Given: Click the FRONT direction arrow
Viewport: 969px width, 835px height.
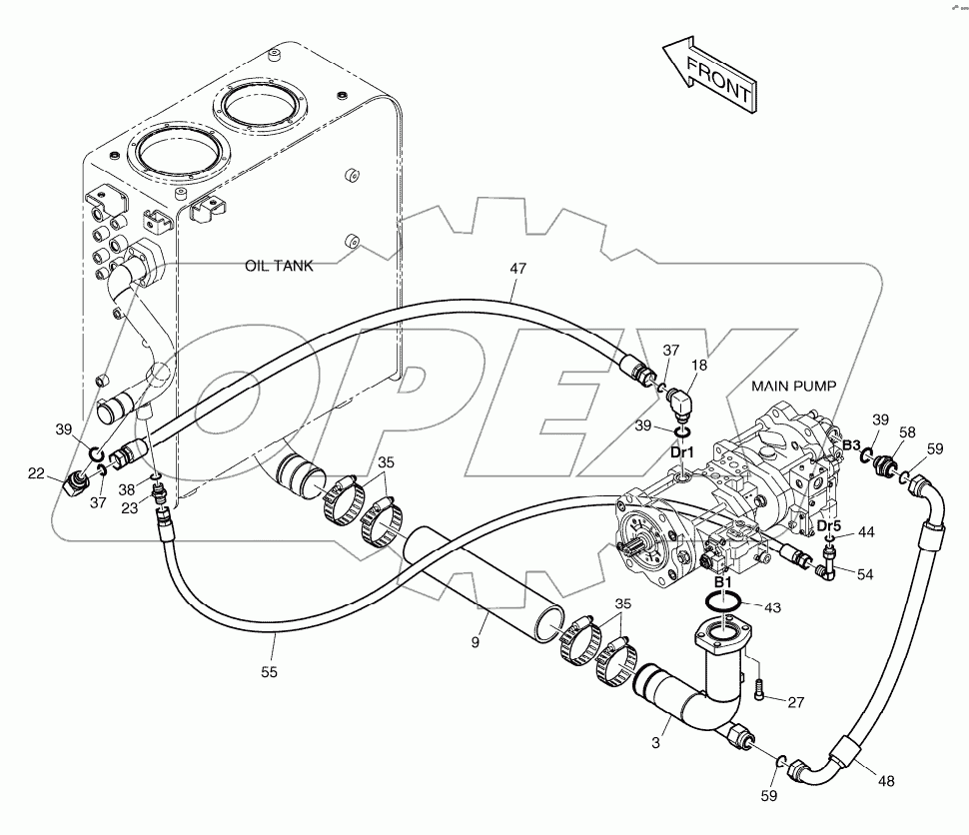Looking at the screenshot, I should coord(710,76).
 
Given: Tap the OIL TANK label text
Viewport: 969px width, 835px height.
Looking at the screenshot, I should coord(280,266).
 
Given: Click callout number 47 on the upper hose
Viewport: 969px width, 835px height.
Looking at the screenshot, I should coord(517,269).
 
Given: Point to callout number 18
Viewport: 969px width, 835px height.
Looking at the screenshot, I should coord(699,367).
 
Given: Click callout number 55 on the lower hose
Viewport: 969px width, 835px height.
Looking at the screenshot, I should coord(270,673).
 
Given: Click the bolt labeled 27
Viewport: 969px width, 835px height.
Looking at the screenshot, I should coord(760,687).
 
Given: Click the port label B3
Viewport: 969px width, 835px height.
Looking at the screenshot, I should coord(851,444).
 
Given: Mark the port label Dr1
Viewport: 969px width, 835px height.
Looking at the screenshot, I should coord(682,452).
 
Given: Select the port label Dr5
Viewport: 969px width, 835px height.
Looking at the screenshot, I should coord(829,526).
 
